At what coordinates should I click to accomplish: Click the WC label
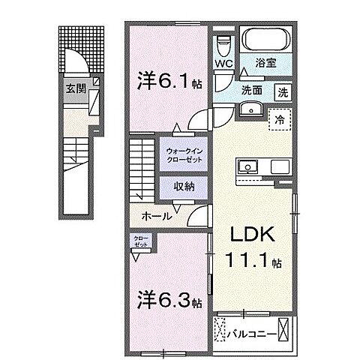[x=223, y=64]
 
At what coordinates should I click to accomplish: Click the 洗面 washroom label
[x=250, y=90]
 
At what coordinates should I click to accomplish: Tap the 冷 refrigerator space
[x=279, y=120]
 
